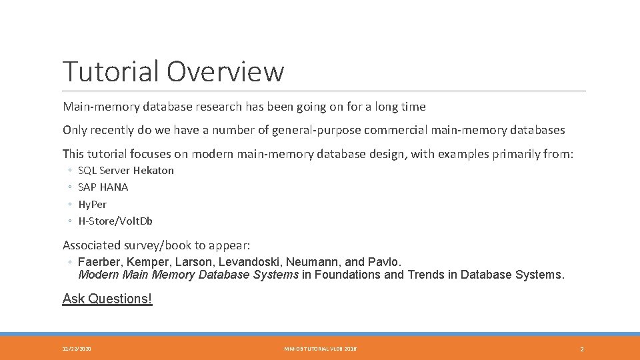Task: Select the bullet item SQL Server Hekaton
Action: click(126, 171)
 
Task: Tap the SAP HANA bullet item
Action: click(103, 187)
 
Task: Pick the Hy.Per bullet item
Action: click(93, 205)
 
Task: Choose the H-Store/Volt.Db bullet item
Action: click(115, 221)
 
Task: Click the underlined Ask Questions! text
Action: click(107, 299)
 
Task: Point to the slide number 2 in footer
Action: click(582, 349)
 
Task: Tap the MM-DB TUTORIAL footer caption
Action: click(320, 349)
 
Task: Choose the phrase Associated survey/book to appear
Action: click(156, 245)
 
